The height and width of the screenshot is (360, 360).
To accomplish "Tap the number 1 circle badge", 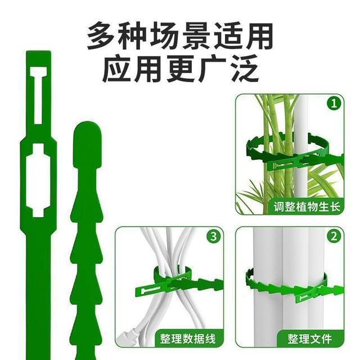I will coord(335,103).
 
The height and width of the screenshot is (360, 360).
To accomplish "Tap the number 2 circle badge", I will coord(335,237).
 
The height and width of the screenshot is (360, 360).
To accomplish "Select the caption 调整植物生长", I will coord(307,206).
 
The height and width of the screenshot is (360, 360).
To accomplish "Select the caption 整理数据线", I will coord(187,339).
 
